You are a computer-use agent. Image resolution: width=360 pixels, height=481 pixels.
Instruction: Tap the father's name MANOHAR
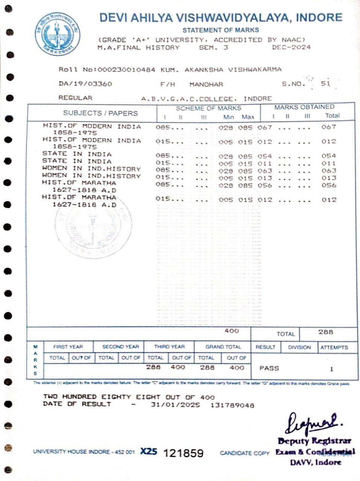pos(206,84)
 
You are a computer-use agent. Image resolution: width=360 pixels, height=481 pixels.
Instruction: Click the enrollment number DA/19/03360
pos(85,84)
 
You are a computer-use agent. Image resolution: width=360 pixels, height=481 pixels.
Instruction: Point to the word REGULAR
pos(75,98)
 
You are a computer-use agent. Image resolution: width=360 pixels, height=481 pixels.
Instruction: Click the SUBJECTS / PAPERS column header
pos(100,113)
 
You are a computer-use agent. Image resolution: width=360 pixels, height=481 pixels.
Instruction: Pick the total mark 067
pos(329,127)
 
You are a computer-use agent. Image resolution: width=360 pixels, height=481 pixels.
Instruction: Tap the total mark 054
pos(329,156)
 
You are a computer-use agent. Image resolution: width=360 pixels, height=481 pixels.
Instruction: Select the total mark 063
pos(329,171)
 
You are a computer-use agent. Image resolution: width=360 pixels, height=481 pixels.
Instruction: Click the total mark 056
pos(329,185)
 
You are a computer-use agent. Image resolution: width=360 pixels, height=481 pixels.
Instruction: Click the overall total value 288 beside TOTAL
pos(325,332)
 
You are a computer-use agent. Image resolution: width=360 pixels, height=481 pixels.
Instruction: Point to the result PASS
pos(269,368)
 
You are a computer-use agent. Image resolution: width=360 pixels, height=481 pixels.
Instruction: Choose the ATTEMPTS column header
pos(334,348)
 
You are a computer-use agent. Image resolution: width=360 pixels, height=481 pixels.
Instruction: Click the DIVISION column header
pos(299,348)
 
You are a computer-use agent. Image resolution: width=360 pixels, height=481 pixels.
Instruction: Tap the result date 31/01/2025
pos(175,405)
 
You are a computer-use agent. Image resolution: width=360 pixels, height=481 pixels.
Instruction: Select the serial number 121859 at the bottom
pos(183,453)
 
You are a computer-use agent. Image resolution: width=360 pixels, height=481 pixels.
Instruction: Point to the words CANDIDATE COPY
pos(245,453)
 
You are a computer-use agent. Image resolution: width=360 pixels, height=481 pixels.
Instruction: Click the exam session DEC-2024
pos(291,47)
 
